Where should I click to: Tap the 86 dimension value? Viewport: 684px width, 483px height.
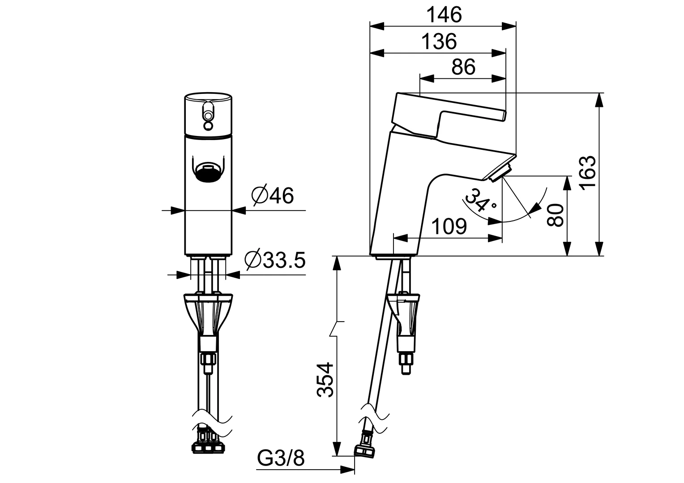point(463,67)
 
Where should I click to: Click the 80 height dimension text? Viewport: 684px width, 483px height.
point(556,216)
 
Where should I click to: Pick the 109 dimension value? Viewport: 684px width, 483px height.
point(449,227)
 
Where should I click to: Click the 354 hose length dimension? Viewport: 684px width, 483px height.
point(325,380)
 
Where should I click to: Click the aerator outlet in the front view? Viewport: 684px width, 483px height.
point(208,172)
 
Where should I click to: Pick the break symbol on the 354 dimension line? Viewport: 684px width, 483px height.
point(337,329)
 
